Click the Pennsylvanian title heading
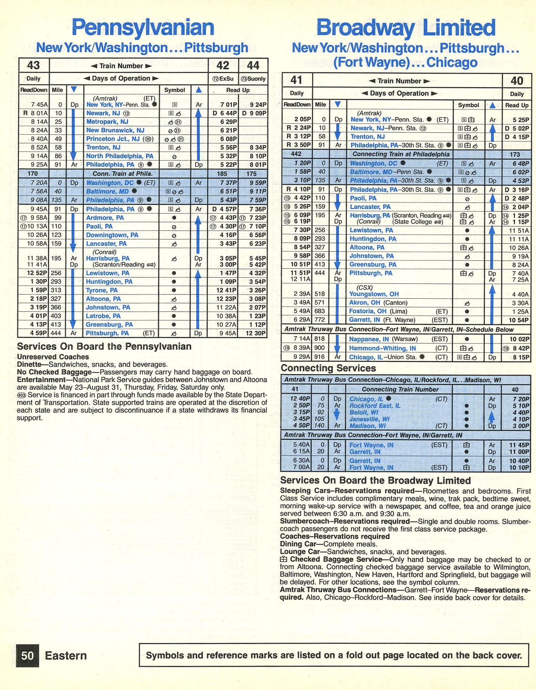pos(143,28)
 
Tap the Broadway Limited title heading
pos(406,28)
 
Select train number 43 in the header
pos(33,65)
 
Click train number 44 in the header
pos(253,65)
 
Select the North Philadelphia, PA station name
pos(120,156)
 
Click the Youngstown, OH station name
pos(374,294)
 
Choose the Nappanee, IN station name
pos(365,339)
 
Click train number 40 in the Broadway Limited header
pos(516,81)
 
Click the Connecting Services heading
pos(328,368)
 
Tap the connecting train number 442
pos(296,154)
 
